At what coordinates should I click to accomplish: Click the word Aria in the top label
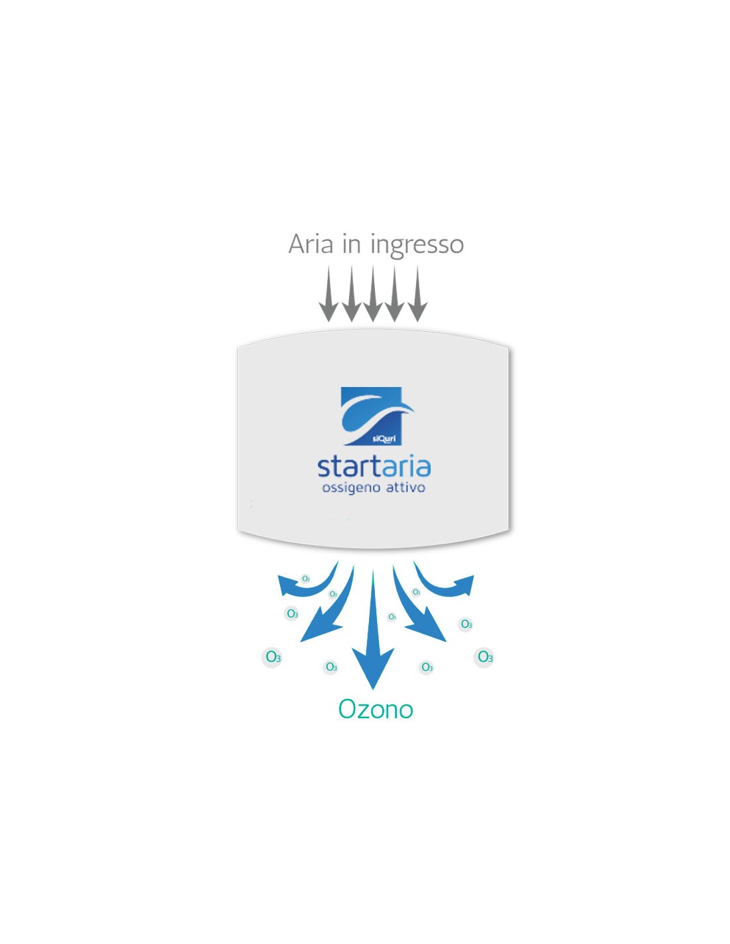tap(310, 244)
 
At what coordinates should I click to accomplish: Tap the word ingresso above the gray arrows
tap(417, 246)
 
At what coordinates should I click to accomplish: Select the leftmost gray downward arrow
tap(328, 293)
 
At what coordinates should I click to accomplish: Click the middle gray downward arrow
tap(372, 293)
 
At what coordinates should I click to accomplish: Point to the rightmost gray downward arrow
tap(418, 293)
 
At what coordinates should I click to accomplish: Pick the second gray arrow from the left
tap(351, 293)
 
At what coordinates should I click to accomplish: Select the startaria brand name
tap(374, 467)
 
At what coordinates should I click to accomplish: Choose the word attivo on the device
tap(405, 488)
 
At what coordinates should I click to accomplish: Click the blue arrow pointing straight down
tap(372, 630)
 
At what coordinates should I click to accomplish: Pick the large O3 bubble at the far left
tap(273, 657)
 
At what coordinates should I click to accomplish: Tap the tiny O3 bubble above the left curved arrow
tap(306, 579)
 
